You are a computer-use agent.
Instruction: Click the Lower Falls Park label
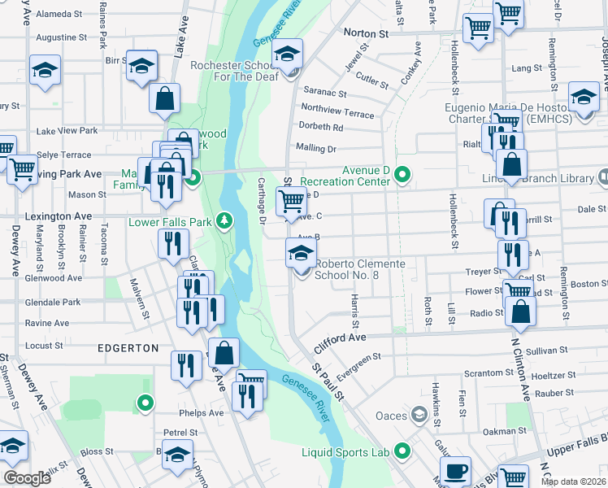point(171,221)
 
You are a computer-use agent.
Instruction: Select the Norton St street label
point(366,34)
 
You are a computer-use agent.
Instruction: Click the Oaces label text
point(391,416)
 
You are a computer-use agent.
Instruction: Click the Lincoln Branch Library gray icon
point(602,176)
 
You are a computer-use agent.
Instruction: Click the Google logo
point(27,478)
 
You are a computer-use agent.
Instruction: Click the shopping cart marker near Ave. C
point(291,200)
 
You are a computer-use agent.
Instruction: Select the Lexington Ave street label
point(59,216)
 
